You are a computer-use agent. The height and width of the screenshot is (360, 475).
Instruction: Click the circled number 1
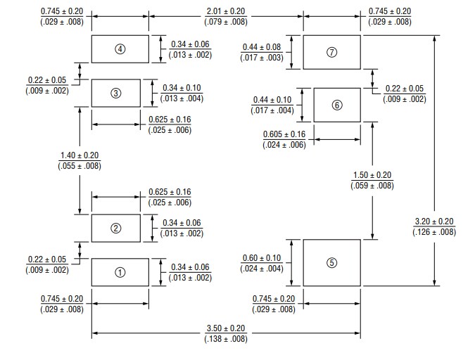[120, 272]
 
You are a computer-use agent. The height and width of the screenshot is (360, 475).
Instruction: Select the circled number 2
[117, 228]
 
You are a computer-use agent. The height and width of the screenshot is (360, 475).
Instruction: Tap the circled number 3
[117, 94]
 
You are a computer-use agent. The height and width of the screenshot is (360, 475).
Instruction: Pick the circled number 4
[120, 49]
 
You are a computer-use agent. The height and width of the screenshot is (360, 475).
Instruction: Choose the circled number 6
[336, 105]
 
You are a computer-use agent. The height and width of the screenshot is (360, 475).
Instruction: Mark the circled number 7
[332, 53]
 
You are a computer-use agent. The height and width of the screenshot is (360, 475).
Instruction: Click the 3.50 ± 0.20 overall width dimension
[226, 328]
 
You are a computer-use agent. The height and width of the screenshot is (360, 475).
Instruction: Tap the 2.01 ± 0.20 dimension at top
[226, 11]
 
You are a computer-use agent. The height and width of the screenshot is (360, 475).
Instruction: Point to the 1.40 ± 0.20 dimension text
[80, 155]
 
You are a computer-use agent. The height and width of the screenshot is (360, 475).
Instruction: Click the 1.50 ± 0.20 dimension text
[372, 175]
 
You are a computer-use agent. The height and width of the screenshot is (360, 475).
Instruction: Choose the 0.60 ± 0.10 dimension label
[262, 258]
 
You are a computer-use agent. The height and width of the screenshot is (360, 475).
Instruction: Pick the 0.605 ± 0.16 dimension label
[284, 134]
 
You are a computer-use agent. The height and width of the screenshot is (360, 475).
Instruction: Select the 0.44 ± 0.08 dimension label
[262, 47]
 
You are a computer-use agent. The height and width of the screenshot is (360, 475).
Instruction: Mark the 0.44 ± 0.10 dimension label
[272, 100]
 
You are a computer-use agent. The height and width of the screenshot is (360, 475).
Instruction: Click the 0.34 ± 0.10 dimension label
[182, 88]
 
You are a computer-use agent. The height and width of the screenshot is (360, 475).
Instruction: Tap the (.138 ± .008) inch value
[226, 339]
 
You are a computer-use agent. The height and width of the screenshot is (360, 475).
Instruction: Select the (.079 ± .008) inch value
[226, 22]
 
